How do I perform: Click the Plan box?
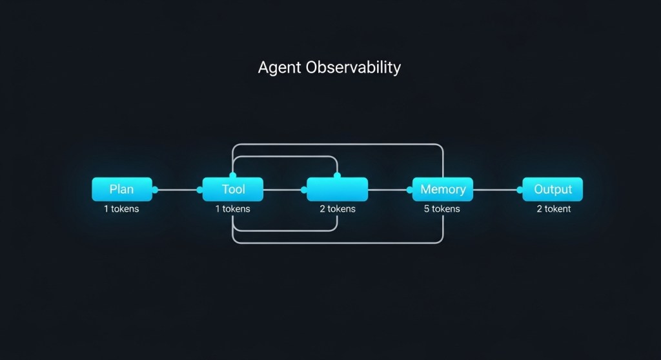pos(122,190)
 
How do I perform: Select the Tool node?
pos(233,190)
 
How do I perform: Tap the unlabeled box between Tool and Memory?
pos(337,190)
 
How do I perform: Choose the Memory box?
pos(443,190)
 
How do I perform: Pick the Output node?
pos(553,190)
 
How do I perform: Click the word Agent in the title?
pos(280,68)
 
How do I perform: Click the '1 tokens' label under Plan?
pos(121,209)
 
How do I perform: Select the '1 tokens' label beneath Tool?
pos(232,209)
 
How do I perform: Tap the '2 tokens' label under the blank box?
pos(337,209)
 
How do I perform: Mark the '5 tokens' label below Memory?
pos(442,209)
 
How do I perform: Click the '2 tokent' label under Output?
pos(553,209)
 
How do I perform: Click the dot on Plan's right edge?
pos(155,190)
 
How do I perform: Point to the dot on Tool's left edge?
pos(200,190)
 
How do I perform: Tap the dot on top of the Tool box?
pos(233,175)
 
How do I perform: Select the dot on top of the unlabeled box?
pos(337,175)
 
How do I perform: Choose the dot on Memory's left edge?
pos(409,190)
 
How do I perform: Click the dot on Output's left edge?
pos(520,190)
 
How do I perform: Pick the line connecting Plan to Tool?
pos(178,190)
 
